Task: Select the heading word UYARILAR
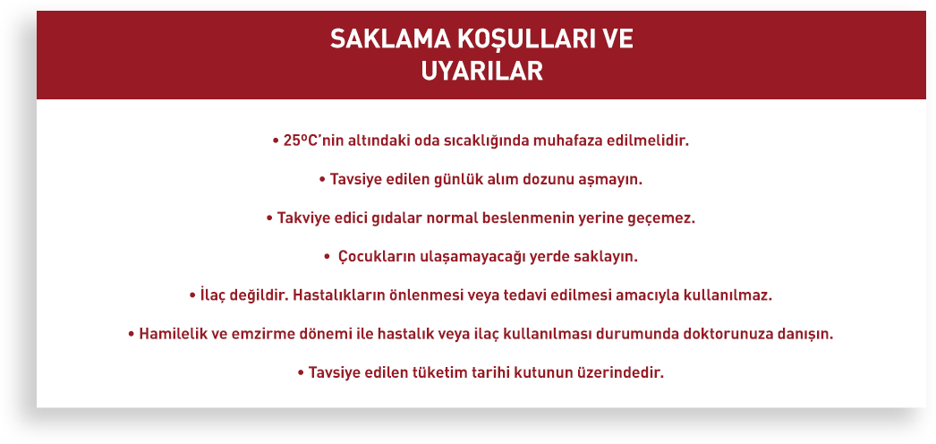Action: (481, 71)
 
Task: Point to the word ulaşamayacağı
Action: (455, 258)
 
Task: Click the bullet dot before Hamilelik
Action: (131, 335)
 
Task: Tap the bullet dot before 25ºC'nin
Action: (276, 142)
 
